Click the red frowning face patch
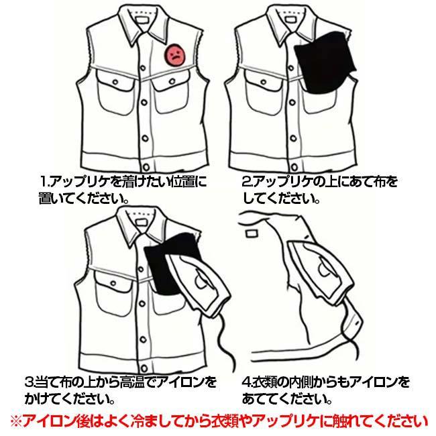tap(175, 54)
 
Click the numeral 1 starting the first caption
tap(44, 182)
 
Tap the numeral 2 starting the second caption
tap(246, 182)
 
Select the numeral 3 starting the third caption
tap(29, 384)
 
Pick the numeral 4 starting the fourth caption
tap(246, 384)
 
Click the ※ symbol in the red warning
tap(15, 421)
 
